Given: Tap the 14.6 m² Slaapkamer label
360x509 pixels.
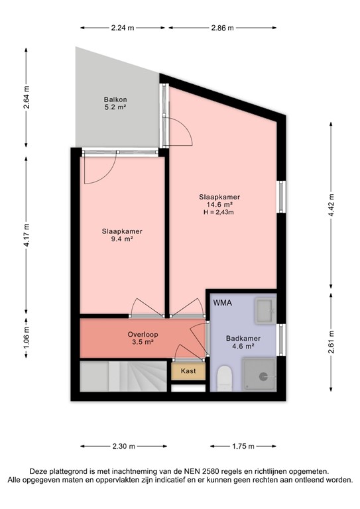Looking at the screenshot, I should (x=219, y=205).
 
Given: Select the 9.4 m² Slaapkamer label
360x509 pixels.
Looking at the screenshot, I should (x=122, y=235).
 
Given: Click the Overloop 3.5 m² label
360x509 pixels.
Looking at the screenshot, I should (x=141, y=339).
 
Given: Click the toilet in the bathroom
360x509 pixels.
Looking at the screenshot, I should (x=224, y=378).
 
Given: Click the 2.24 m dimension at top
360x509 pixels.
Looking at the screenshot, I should (x=123, y=28).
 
